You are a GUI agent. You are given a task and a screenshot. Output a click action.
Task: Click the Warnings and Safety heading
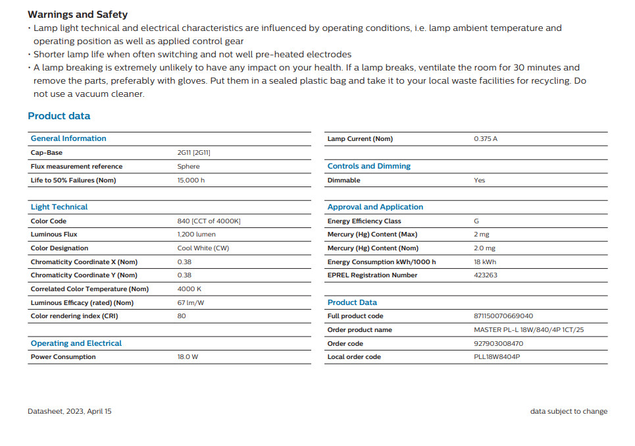(x=78, y=14)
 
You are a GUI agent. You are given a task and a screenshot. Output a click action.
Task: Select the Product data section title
(x=59, y=116)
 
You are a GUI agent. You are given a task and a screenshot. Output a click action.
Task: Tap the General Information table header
(x=68, y=138)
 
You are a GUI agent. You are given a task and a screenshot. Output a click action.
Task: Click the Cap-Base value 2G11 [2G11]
(x=194, y=153)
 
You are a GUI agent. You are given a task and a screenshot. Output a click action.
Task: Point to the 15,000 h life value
(x=191, y=181)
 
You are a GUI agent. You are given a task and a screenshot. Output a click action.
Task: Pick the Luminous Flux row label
(x=54, y=235)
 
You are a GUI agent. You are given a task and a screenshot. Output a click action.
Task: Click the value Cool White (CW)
(x=203, y=248)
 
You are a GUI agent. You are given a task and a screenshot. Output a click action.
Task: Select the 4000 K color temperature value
(x=190, y=289)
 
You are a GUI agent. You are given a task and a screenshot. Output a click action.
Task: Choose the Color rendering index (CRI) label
(x=74, y=316)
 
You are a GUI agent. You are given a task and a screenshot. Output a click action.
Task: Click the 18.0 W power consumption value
(x=188, y=357)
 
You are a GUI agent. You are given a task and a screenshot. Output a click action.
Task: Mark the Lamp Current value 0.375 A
(x=486, y=139)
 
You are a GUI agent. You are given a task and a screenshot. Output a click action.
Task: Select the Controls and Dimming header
(x=369, y=166)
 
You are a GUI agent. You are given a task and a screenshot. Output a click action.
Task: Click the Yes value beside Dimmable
(x=480, y=181)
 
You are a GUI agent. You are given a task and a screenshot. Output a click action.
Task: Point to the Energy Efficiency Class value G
(x=476, y=221)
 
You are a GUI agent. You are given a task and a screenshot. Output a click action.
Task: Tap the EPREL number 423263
(x=486, y=275)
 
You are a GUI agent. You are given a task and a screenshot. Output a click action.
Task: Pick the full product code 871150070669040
(x=503, y=316)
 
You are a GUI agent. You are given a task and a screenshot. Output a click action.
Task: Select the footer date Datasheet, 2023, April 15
(x=70, y=411)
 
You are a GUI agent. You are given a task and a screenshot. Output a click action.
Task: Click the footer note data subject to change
(x=569, y=411)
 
